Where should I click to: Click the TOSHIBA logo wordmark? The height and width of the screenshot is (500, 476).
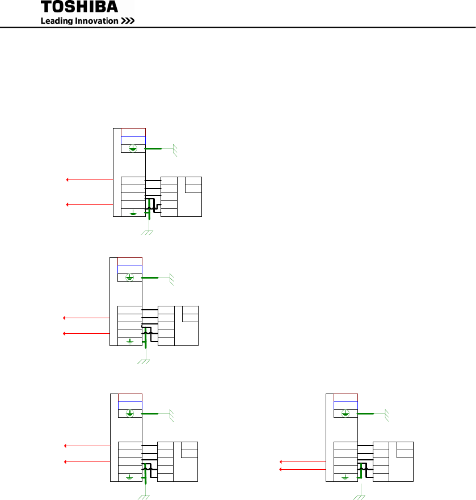coord(79,7)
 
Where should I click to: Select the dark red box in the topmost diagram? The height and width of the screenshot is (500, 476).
coord(133,133)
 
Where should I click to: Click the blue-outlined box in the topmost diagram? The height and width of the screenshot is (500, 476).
coord(133,140)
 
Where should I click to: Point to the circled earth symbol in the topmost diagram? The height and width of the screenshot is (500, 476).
coord(133,148)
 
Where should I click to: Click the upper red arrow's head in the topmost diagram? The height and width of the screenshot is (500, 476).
coord(68,180)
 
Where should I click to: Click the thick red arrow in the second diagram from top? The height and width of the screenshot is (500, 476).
coord(85,334)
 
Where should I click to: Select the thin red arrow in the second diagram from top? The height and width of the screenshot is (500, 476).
coord(85,318)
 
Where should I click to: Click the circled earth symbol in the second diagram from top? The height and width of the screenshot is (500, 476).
coord(129,277)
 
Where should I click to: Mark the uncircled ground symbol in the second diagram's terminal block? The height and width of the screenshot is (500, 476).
coord(130,341)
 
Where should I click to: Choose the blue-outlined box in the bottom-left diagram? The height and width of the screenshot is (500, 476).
coord(130,405)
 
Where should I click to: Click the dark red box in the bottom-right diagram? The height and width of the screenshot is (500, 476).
coord(346,397)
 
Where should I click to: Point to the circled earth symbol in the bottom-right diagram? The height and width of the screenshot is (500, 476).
coord(346,413)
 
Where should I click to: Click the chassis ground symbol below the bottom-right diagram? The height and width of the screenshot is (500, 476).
coord(359,497)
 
